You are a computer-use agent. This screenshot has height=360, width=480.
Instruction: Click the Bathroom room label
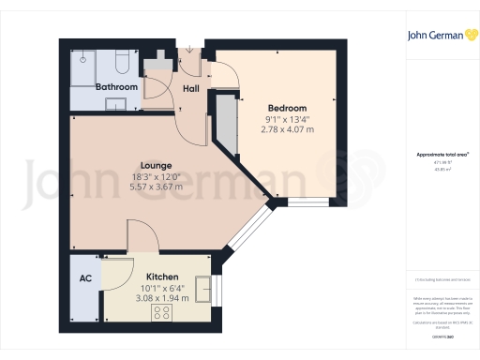point(118,87)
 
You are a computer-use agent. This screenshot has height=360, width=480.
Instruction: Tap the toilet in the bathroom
point(122,63)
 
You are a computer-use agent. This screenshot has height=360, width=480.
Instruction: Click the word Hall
point(191,90)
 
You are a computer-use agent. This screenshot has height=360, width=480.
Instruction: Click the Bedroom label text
point(285,107)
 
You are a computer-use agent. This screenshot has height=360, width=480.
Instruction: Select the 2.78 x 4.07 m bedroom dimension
point(287,129)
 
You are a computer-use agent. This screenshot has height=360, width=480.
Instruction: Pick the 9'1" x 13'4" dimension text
point(286,118)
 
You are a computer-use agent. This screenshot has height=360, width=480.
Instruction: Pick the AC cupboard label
point(84,277)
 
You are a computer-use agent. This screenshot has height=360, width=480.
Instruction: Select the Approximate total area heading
point(442,154)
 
